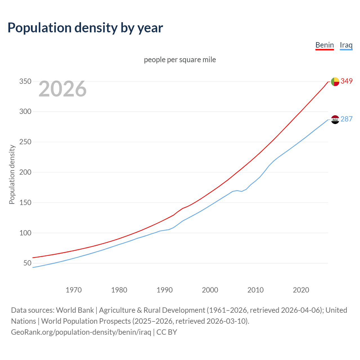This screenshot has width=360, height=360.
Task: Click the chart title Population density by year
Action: [85, 28]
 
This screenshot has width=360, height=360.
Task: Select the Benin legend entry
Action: [325, 45]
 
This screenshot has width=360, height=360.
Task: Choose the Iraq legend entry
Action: [346, 45]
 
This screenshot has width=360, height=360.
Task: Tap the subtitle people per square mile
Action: [180, 60]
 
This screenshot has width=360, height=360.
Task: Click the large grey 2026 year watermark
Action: [62, 89]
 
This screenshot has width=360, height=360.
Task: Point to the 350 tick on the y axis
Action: [25, 82]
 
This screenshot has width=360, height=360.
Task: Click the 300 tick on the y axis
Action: [25, 112]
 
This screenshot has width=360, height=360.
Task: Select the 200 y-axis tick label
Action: [25, 172]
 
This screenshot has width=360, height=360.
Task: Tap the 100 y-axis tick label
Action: [25, 233]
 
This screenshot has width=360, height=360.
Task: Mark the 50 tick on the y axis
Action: [27, 263]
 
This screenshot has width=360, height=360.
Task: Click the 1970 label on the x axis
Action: [74, 290]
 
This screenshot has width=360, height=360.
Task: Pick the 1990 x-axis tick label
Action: [165, 290]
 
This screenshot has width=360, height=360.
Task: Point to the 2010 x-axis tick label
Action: [255, 290]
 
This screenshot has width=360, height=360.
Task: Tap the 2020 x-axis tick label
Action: [301, 290]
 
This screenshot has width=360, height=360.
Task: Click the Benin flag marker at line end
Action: [335, 82]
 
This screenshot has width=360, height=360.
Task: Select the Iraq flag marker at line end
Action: [335, 120]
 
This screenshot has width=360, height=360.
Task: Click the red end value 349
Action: [346, 81]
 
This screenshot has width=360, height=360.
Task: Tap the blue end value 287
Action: [346, 119]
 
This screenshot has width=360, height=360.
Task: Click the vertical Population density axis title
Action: [12, 174]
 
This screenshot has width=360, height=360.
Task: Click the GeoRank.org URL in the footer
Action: [81, 332]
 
